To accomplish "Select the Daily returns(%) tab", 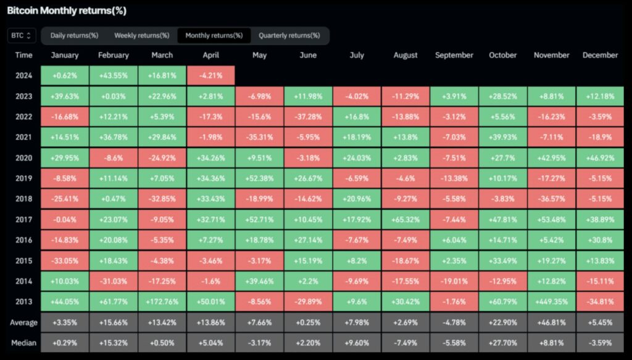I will [74, 36].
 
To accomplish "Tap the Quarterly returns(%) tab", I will [289, 36].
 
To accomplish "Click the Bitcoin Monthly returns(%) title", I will [67, 11].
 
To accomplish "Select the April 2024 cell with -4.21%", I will [210, 76].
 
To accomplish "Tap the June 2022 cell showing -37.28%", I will [308, 117].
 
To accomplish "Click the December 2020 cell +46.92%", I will [600, 158].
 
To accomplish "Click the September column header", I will [454, 55].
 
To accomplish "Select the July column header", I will [357, 55].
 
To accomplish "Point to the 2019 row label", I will [23, 179].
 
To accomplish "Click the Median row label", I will [23, 343].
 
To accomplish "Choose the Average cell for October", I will [502, 323].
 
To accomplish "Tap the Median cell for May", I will [259, 343].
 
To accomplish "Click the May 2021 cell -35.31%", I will [259, 138].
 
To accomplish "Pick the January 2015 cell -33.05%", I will [65, 261].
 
